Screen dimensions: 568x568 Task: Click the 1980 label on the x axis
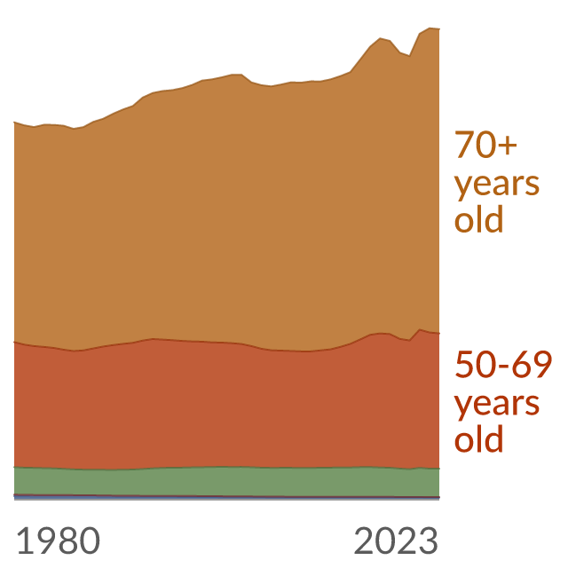[59, 540]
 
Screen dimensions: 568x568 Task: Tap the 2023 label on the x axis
[396, 540]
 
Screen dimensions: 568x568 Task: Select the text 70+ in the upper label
[485, 145]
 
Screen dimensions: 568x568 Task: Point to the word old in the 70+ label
[479, 219]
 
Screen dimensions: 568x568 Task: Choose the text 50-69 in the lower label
[503, 365]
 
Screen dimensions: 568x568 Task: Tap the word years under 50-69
[497, 405]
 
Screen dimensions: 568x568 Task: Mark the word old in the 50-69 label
[479, 438]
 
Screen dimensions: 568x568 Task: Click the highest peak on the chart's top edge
[430, 28]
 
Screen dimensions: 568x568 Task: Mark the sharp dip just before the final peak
[410, 56]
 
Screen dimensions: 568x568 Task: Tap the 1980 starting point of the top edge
[14, 122]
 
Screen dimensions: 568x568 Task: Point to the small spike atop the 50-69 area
[420, 329]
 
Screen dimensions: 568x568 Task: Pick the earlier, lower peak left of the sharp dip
[380, 38]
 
